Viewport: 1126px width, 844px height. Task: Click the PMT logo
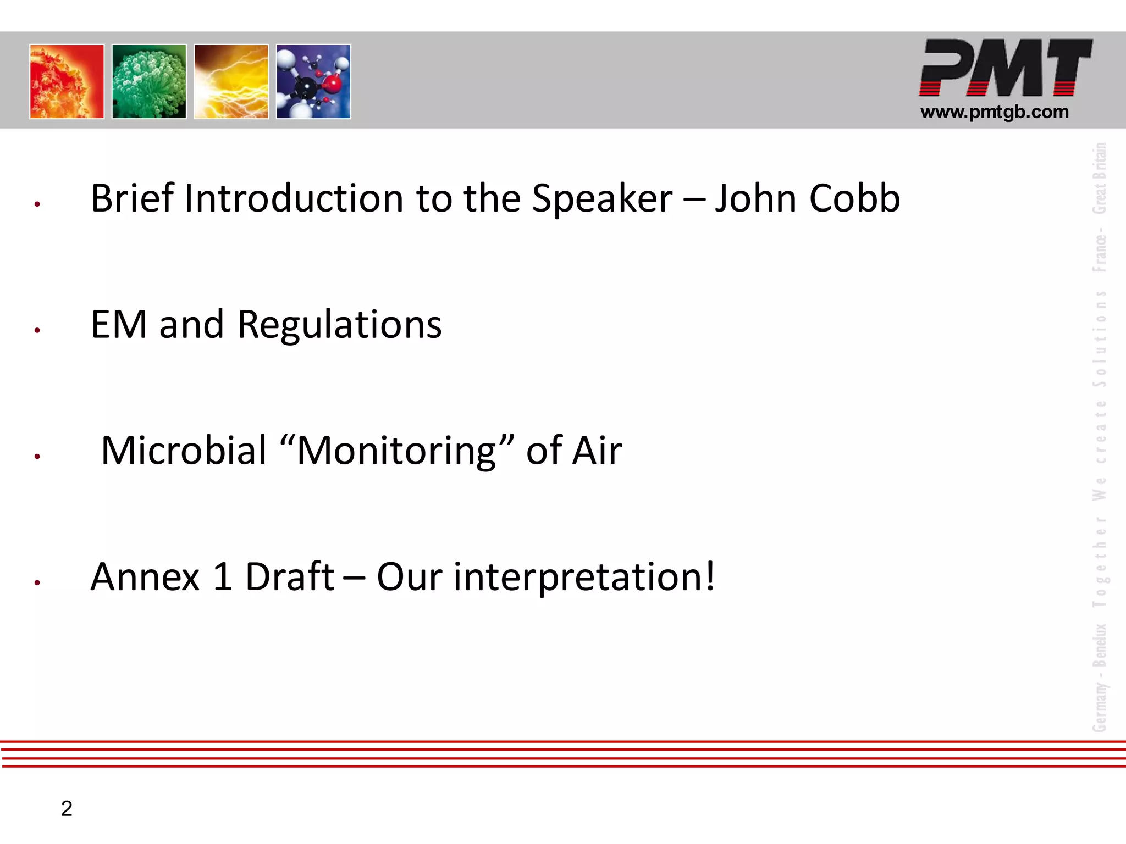[1005, 68]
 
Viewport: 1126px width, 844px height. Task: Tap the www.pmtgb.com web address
[994, 112]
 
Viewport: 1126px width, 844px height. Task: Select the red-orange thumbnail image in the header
[67, 81]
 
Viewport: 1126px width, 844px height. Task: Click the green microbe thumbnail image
[149, 81]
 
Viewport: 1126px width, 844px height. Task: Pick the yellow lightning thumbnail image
[231, 81]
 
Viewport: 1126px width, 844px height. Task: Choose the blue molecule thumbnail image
[313, 81]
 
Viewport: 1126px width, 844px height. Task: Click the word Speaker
[602, 199]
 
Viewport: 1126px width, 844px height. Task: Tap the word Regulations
[339, 325]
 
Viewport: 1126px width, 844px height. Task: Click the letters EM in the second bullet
[119, 324]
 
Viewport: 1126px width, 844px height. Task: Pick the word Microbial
[184, 451]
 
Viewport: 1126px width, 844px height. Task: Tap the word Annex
[145, 577]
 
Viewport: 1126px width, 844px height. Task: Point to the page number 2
[67, 808]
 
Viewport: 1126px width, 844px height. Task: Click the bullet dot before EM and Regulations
[37, 330]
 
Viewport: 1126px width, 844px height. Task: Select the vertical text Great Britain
[1099, 178]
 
